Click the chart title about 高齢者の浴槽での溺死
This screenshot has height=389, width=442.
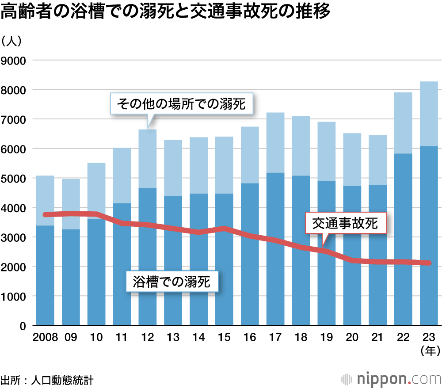click(165, 12)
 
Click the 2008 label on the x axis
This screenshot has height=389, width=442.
click(45, 337)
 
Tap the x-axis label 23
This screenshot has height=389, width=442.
click(428, 337)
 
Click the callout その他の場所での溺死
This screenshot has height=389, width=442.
click(181, 104)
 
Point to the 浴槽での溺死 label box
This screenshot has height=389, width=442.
click(172, 281)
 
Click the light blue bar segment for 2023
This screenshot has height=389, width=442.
click(428, 114)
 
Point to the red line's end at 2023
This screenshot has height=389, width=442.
click(428, 263)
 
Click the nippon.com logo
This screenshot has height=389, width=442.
click(391, 379)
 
